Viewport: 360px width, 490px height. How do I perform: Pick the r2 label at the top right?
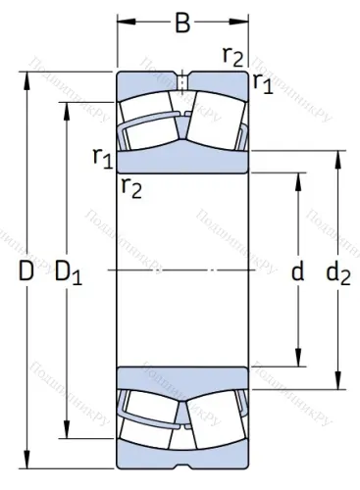(x=232, y=55)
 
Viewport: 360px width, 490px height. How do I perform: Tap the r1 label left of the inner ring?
(x=101, y=156)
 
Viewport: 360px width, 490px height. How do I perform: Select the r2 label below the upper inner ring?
(x=130, y=186)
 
